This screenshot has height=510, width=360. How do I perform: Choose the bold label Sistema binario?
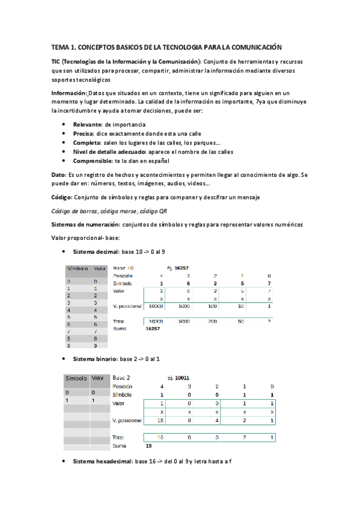click(x=95, y=359)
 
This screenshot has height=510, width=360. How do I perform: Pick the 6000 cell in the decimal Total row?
click(x=185, y=322)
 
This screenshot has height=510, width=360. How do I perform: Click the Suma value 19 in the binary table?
click(x=148, y=446)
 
